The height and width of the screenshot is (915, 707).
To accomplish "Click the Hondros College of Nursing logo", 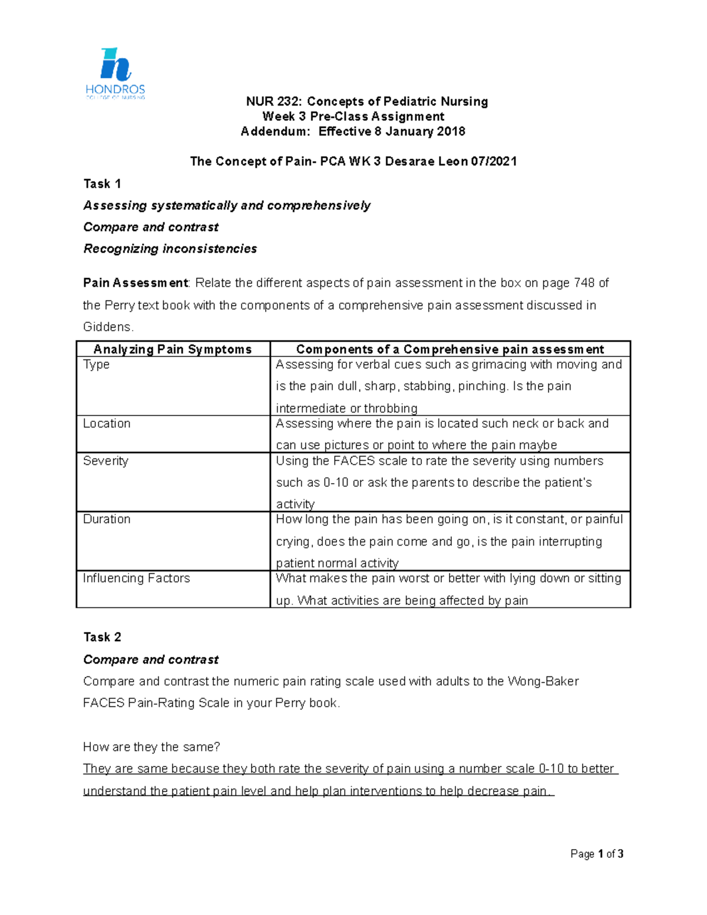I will point(115,74).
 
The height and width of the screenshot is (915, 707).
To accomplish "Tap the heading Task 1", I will point(102,184).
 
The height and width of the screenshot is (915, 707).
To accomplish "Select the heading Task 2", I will point(102,637).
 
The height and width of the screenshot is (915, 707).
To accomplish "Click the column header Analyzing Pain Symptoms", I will point(173,349).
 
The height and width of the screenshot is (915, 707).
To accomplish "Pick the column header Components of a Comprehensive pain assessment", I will point(450,349).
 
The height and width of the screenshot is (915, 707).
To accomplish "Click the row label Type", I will point(97,365).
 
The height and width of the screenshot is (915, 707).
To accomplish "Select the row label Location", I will point(107,424).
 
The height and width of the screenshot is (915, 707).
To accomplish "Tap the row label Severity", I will point(105,461).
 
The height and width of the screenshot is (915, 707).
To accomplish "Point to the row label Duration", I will point(107,519).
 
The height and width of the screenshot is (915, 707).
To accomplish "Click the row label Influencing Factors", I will point(136,578).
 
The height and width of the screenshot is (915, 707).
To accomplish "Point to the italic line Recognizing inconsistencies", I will point(170,249).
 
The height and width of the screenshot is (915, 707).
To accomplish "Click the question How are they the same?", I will point(151,747).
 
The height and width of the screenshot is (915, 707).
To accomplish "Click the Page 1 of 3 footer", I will point(596,854).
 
